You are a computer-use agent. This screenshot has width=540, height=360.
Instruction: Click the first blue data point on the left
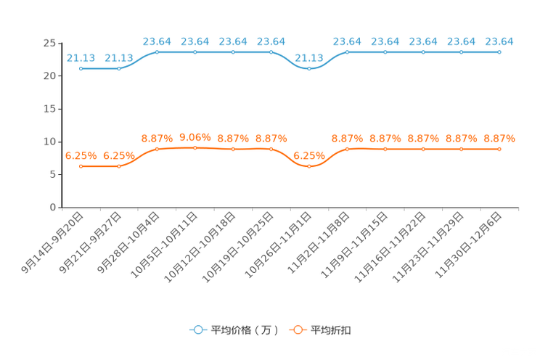coord(81,68)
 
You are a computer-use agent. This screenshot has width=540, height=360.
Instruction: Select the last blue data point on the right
coord(499,52)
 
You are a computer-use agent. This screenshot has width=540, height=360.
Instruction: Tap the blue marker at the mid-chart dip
coord(309,68)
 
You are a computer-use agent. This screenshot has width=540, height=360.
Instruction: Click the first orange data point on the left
coord(81,166)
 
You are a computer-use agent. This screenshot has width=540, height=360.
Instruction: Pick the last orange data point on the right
coord(499,149)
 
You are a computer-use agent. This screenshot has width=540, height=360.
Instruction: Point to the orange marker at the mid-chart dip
coord(309,166)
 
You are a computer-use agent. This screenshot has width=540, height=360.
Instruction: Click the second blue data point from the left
coord(119,68)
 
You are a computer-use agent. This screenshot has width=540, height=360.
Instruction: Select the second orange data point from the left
coord(119,166)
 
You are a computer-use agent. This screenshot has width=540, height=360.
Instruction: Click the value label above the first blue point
coord(81,57)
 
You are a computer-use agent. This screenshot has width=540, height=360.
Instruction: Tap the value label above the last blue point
coord(499,41)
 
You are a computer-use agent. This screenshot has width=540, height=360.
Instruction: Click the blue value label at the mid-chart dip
coord(309,57)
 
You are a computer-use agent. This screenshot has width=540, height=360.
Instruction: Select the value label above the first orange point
coord(81,155)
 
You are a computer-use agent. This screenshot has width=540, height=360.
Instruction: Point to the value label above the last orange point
coord(499,137)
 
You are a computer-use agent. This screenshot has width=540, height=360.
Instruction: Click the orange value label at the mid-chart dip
coord(309,155)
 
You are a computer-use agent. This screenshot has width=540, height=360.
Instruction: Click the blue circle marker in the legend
coord(197,330)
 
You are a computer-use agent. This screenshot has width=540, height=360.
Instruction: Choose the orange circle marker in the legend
coord(297,330)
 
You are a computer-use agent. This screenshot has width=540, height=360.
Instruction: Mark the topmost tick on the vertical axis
coord(60,42)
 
